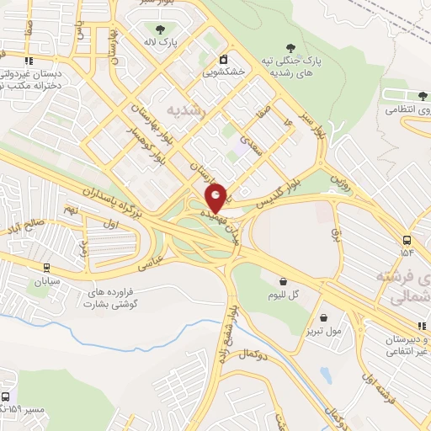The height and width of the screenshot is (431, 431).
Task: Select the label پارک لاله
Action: coord(160,40)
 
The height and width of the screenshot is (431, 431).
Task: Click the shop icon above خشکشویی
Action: coord(223,60)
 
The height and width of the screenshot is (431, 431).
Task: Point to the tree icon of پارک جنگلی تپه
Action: coord(291,48)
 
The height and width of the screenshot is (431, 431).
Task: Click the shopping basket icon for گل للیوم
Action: coord(283,280)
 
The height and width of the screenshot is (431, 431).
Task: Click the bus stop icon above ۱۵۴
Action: coord(407,239)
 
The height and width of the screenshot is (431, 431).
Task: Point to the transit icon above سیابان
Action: coord(46,269)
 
